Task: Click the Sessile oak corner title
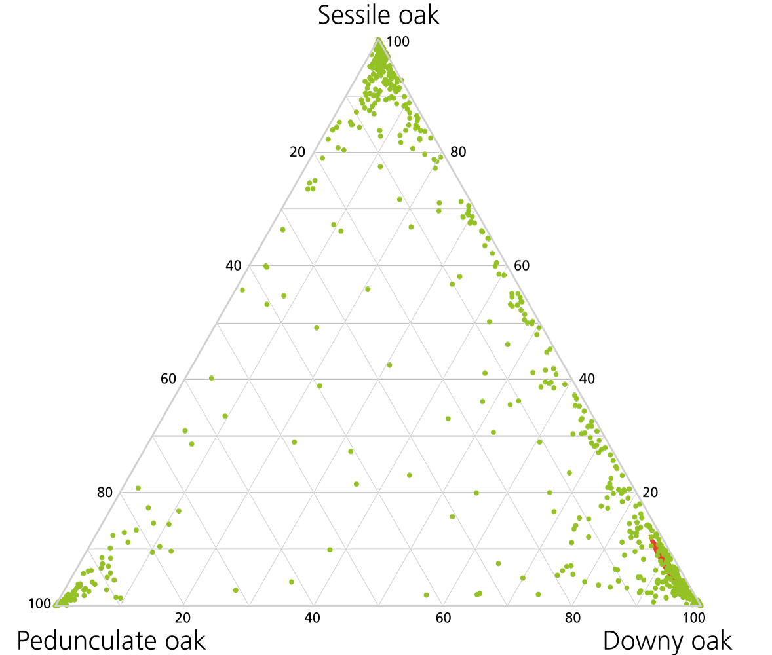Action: tap(378, 14)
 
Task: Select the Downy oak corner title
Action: tap(667, 640)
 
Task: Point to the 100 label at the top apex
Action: tap(398, 42)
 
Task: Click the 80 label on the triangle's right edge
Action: tap(458, 153)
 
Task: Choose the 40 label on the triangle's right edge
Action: tap(587, 379)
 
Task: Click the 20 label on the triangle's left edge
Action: tap(298, 153)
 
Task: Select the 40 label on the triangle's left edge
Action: tap(233, 266)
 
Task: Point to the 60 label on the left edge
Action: tap(168, 379)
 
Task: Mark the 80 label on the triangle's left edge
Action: tap(105, 493)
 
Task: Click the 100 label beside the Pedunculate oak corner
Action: tap(39, 603)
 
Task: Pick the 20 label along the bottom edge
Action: tap(183, 617)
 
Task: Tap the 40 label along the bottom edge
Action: tap(313, 617)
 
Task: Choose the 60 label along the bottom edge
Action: tap(443, 617)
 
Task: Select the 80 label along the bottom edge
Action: tap(572, 617)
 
